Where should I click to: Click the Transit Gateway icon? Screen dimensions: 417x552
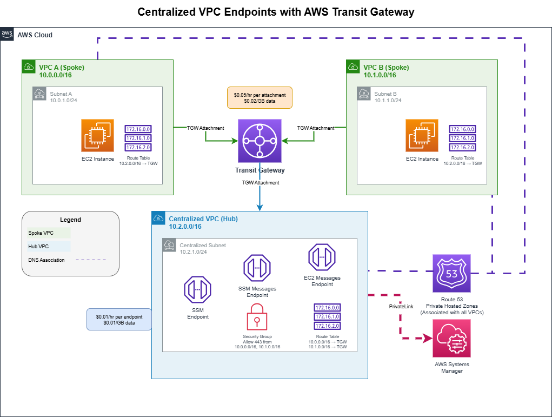point(260,141)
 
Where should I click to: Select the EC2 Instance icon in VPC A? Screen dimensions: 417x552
point(98,135)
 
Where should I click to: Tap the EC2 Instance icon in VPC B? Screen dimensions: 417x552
point(422,135)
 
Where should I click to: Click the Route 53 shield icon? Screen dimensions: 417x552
point(451,273)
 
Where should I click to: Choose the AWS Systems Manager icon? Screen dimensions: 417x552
point(451,338)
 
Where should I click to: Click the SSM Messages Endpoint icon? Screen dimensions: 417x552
point(257,267)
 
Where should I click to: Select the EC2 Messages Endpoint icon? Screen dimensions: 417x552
point(322,257)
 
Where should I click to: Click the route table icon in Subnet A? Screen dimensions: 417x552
point(138,138)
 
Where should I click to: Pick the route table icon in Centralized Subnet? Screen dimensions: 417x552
point(327,316)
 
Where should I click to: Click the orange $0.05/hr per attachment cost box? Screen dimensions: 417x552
point(260,98)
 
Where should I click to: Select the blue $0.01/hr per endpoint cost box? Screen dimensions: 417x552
point(119,319)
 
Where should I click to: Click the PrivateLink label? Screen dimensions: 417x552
point(401,307)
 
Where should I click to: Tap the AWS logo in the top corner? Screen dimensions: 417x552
point(7,34)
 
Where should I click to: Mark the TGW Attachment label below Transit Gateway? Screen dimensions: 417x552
point(260,183)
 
